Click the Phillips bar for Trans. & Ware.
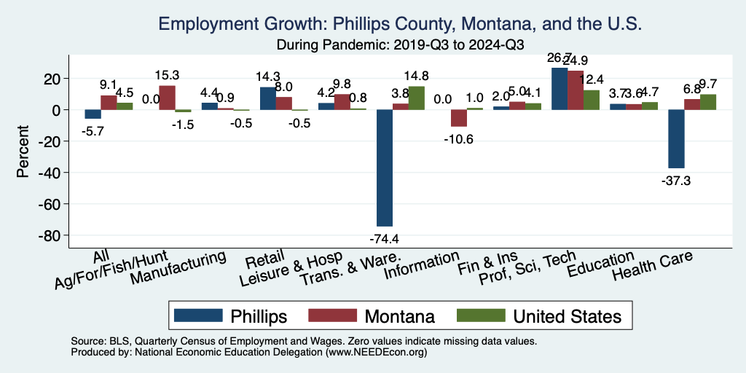coord(385,168)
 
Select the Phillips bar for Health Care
coord(676,138)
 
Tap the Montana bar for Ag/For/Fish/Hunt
coord(167,98)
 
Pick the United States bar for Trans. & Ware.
coord(416,98)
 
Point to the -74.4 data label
coord(385,237)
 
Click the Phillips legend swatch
coord(198,315)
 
